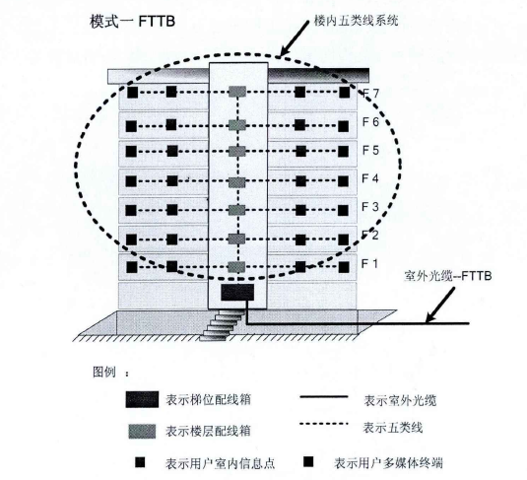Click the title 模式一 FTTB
click(132, 22)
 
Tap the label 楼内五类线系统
click(356, 21)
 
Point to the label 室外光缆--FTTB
click(448, 276)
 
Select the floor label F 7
click(370, 93)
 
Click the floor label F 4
click(370, 178)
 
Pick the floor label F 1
click(369, 264)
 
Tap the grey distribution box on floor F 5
click(237, 152)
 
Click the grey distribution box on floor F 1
click(236, 267)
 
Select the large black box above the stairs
click(237, 292)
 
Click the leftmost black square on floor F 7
click(132, 93)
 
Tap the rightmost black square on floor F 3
click(343, 210)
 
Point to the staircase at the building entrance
click(222, 325)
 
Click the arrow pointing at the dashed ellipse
click(295, 38)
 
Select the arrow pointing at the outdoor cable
click(440, 305)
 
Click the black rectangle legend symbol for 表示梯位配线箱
click(142, 399)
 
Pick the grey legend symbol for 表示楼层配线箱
click(142, 432)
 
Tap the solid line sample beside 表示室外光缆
click(324, 397)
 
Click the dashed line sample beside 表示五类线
click(324, 424)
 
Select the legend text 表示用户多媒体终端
click(388, 463)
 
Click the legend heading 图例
click(104, 372)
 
